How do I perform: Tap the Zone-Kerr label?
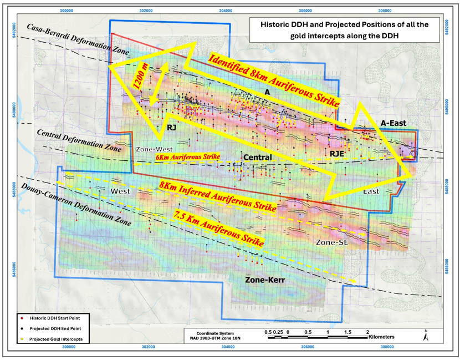pos(265,281)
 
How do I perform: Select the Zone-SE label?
pos(331,242)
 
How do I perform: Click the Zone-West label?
pos(154,150)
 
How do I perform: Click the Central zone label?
pos(258,158)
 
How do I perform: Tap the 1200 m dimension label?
pos(141,83)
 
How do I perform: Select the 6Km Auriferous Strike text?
pos(188,158)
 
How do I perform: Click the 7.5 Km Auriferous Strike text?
pos(217,228)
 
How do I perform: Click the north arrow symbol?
pos(425,336)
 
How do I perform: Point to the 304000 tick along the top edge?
pos(226,10)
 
